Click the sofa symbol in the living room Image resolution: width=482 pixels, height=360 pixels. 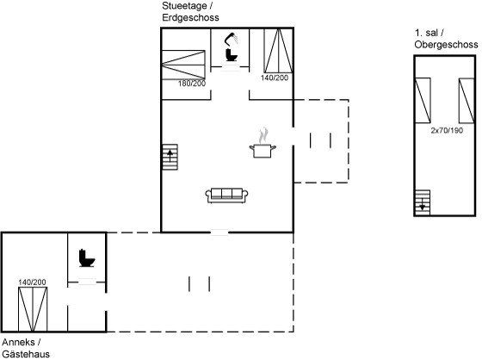tap(226, 196)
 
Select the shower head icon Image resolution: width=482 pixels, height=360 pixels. tap(232, 39)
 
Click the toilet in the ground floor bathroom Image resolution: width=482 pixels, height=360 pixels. tap(232, 55)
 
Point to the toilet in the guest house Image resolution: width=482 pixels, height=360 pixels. tap(87, 258)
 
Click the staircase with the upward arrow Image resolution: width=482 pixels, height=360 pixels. tap(170, 157)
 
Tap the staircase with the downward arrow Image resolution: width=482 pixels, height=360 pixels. tap(423, 202)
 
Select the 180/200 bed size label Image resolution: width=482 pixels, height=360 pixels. tap(192, 84)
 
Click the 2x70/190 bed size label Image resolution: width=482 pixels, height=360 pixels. tap(447, 130)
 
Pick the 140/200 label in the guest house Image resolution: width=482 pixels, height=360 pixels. tap(33, 282)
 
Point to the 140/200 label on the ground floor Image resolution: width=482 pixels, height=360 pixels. tap(275, 78)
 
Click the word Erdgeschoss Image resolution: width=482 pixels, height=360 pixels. tap(190, 17)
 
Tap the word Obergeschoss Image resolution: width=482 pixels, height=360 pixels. tap(446, 45)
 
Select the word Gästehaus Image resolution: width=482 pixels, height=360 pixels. tap(26, 354)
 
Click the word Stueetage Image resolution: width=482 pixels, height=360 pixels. tap(184, 6)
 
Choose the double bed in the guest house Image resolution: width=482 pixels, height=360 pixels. tap(33, 309)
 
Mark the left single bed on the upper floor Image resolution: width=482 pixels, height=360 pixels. tap(423, 101)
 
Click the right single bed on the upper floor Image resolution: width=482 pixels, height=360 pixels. tap(467, 101)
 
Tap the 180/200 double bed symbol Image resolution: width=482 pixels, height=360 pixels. tap(183, 65)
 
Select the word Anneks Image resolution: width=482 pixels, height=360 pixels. tap(18, 342)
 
